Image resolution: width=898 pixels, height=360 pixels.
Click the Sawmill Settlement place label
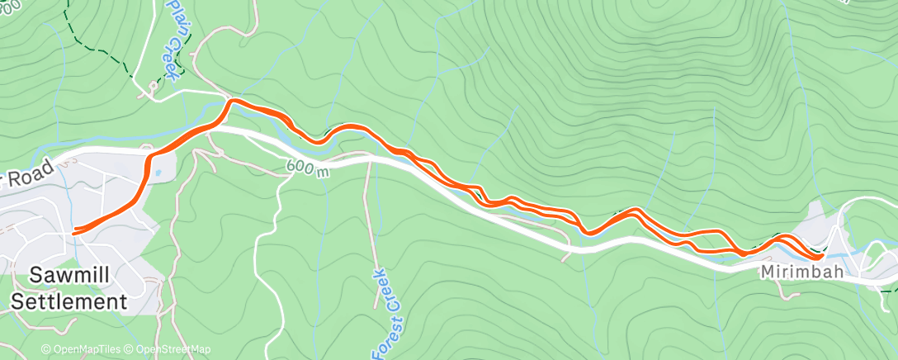(x=69, y=289)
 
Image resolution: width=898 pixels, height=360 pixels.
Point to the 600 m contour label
(x=308, y=168)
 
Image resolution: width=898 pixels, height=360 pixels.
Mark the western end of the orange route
(x=74, y=232)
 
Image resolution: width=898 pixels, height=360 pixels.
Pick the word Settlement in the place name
(x=69, y=301)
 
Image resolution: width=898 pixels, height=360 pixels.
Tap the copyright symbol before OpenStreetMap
(x=129, y=349)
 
